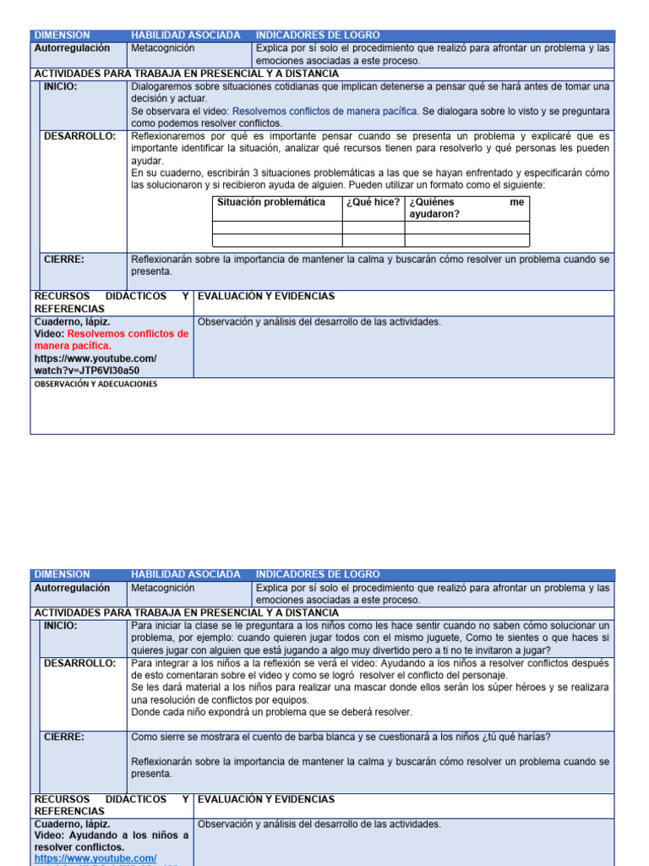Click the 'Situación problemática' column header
tap(270, 202)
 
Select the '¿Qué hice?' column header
tap(372, 202)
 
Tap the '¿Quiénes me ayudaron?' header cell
tap(466, 208)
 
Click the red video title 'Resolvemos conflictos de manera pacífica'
tap(112, 339)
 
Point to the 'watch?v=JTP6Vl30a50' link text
tap(87, 370)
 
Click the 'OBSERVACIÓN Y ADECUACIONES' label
tap(95, 384)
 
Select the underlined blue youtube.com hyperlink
tap(95, 858)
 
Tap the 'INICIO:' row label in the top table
tap(61, 86)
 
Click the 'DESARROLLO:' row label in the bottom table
tap(79, 664)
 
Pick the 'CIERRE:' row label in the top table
tap(64, 260)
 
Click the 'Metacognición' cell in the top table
tap(162, 48)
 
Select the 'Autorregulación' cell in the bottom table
tap(72, 588)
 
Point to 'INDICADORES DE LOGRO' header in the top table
tap(318, 35)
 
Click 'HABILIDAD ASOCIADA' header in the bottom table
tap(185, 574)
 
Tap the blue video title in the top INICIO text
tap(325, 111)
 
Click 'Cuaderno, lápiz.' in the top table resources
tap(72, 322)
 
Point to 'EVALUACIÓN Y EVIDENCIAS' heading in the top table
tap(265, 296)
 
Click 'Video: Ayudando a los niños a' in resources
tap(112, 836)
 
